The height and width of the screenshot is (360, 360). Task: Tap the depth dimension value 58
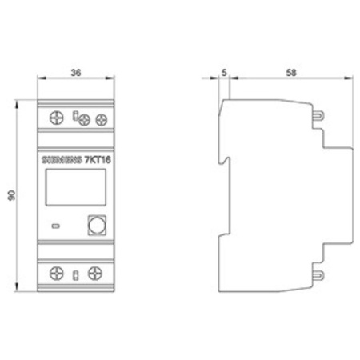291,70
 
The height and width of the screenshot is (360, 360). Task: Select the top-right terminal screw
101,120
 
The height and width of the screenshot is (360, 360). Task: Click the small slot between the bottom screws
75,276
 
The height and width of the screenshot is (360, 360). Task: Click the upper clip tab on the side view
318,114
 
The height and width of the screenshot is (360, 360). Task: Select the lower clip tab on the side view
318,274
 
